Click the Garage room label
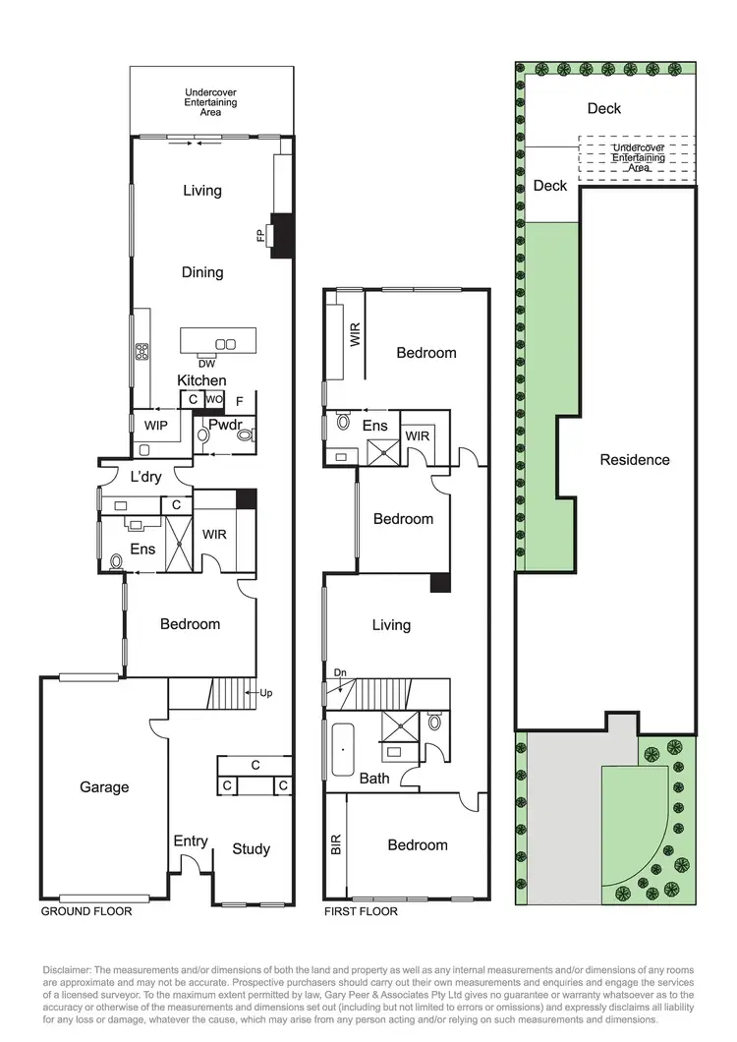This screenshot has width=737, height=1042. tap(104, 787)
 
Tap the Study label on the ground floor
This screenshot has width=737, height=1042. tap(251, 849)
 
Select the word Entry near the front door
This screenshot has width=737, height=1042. tap(191, 841)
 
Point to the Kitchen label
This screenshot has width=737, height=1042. tap(201, 380)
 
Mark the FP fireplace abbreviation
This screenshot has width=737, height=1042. tap(261, 236)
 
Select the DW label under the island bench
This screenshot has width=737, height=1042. tap(206, 364)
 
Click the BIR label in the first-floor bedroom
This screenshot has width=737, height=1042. tap(337, 845)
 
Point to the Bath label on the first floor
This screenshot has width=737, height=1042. tap(373, 779)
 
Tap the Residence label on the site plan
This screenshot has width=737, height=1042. tap(635, 460)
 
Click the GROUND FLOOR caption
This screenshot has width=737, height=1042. tap(86, 911)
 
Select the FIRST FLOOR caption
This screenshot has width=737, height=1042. tap(361, 911)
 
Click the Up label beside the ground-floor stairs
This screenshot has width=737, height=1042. tap(265, 693)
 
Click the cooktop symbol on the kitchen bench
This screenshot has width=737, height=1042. tap(142, 349)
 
